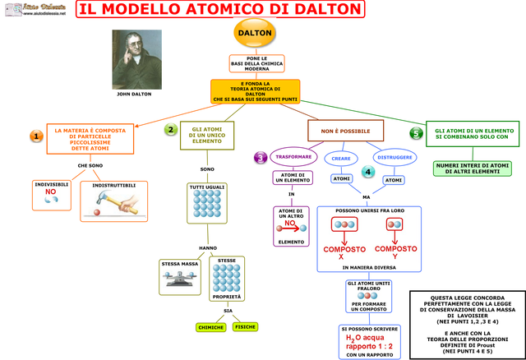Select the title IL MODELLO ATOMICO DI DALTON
[219, 9]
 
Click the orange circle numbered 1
[36, 136]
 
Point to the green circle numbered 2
[170, 130]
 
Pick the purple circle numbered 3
[260, 157]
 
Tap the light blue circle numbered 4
[367, 172]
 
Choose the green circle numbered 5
[417, 133]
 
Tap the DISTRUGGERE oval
[394, 157]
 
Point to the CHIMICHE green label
[211, 327]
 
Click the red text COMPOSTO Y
[396, 252]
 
